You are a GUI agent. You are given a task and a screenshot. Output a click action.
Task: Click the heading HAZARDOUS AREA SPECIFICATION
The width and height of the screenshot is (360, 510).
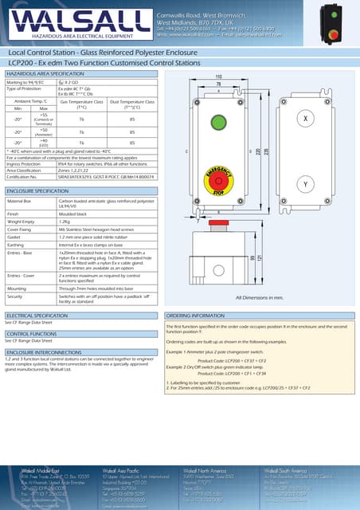(x=50, y=73)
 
